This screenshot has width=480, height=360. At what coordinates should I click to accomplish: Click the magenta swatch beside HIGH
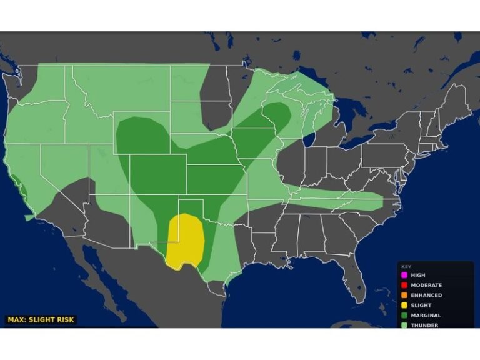[404, 275]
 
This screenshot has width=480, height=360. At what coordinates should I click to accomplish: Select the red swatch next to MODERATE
[404, 285]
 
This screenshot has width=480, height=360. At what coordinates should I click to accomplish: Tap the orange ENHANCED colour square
[404, 295]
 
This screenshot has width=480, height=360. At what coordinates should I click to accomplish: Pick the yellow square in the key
[404, 305]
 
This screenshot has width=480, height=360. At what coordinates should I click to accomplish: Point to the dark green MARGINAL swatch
[404, 316]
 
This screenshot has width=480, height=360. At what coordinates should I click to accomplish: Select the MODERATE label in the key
[426, 285]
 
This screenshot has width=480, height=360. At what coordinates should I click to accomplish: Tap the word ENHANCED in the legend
[426, 295]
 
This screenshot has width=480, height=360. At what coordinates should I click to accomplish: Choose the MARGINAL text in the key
[426, 316]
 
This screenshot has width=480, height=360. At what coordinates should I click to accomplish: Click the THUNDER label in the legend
[424, 325]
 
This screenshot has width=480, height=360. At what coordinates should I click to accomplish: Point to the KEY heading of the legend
[406, 266]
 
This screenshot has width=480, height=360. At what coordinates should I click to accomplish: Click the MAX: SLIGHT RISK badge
[41, 320]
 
